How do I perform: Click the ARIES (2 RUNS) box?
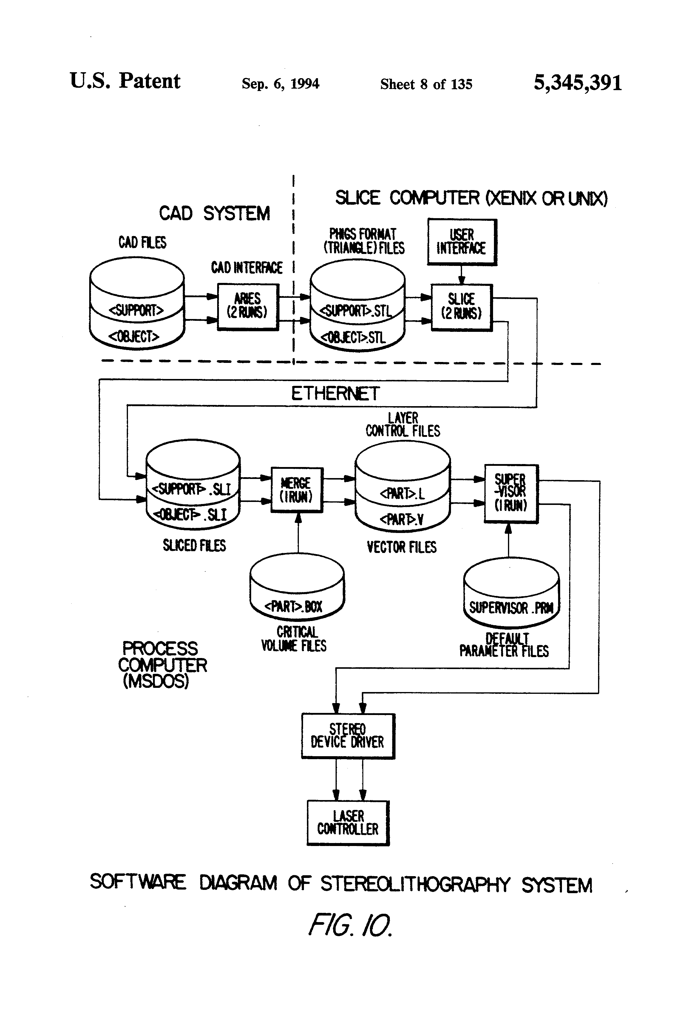(248, 307)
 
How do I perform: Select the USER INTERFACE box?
(462, 241)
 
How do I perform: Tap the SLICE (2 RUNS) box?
(461, 307)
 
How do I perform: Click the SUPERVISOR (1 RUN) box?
(510, 493)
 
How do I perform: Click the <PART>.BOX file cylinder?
(296, 586)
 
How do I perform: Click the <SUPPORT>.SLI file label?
(191, 489)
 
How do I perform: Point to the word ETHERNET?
(335, 394)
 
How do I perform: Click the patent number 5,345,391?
(577, 83)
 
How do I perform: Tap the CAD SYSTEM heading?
(214, 214)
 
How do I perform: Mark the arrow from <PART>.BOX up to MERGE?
(298, 536)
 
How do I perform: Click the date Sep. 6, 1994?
(280, 84)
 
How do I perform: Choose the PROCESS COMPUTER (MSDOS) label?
(162, 664)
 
